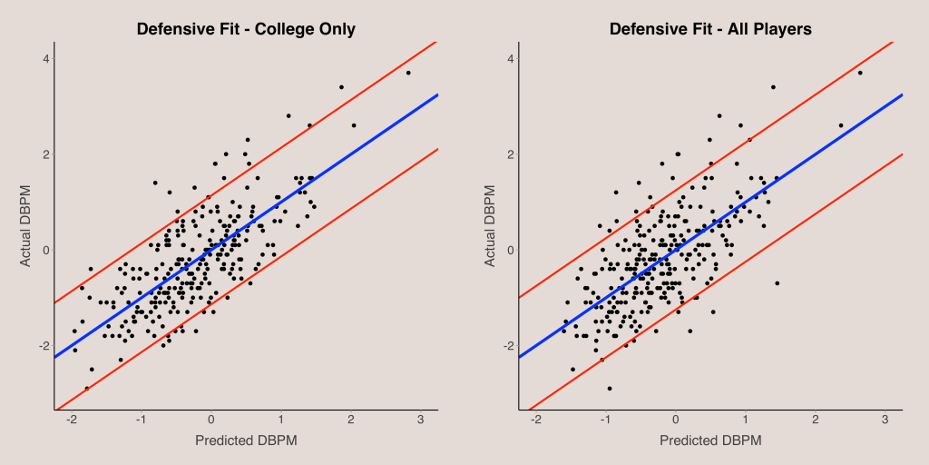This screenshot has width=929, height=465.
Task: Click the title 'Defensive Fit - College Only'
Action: tap(246, 29)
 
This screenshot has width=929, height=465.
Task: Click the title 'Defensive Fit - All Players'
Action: tap(710, 29)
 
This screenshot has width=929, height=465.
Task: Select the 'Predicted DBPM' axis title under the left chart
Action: tap(246, 440)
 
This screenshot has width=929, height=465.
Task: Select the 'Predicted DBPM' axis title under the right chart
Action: tap(710, 440)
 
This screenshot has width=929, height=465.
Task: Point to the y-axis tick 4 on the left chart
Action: tap(45, 59)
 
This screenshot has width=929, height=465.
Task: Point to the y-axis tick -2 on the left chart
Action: tap(43, 346)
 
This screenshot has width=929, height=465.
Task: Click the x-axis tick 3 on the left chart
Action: tap(421, 421)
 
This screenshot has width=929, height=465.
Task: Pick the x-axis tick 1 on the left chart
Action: tap(281, 421)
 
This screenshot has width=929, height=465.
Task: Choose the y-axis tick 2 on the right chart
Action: tap(510, 154)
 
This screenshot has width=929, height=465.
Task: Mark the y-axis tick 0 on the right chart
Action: tap(510, 250)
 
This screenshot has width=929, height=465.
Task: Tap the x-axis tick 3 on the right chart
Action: tap(885, 421)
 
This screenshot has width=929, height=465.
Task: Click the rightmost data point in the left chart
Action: tap(408, 73)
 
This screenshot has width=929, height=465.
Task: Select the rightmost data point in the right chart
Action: tap(860, 73)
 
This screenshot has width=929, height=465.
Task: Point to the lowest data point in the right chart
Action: tap(610, 388)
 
